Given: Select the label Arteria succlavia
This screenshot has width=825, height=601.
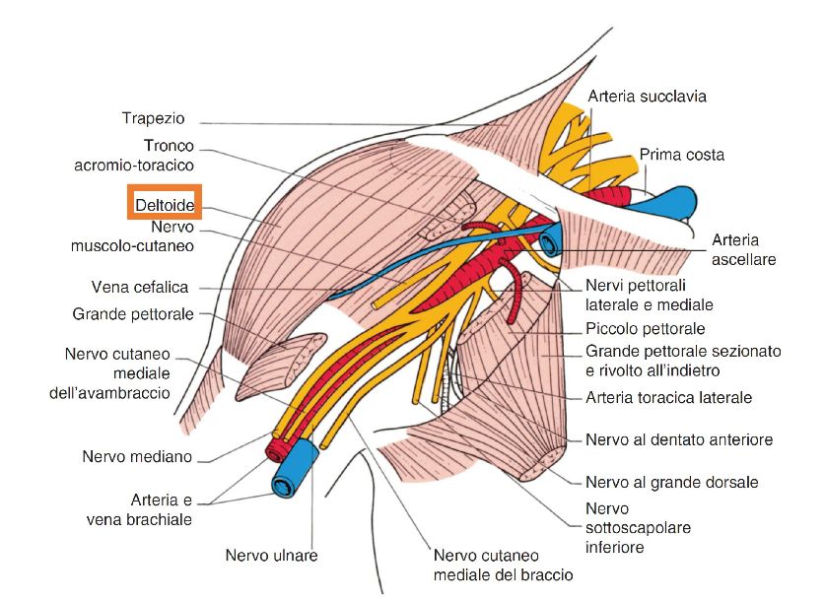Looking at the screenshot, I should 647,97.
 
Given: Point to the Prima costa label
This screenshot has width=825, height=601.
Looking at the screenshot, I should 682,155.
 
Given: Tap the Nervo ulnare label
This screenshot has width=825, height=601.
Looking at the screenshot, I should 271,556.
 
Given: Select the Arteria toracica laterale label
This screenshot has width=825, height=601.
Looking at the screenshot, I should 669,398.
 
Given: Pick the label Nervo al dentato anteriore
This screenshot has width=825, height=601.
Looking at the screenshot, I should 679,439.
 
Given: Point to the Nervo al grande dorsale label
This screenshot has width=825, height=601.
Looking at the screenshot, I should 671,483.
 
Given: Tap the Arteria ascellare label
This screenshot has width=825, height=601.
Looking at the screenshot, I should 744,249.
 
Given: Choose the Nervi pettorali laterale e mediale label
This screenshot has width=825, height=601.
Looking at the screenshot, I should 649,296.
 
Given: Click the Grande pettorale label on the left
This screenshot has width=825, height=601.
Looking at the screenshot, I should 133,315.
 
